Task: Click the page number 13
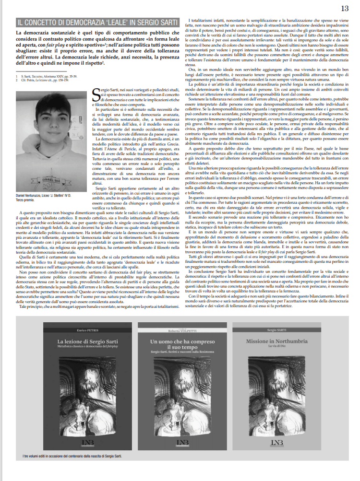345,8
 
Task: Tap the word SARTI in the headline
159,22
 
